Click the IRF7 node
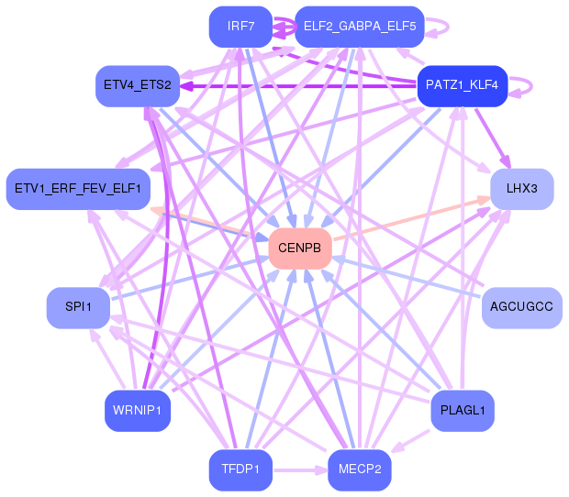coord(240,27)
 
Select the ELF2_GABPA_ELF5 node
coord(360,27)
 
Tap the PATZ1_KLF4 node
coord(463,86)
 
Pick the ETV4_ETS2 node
coord(138,86)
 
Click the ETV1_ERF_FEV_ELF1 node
coord(78,189)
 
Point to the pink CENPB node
coord(300,248)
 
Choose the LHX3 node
coord(522,189)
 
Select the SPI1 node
coord(78,308)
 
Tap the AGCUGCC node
coord(522,308)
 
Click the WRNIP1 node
coord(138,411)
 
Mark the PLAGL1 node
coord(463,411)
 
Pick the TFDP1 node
coord(240,470)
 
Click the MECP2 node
coord(360,470)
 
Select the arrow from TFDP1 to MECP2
coord(300,470)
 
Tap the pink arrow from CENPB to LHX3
coord(412,218)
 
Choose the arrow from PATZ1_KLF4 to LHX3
coord(493,138)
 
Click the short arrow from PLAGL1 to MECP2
coord(410,441)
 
